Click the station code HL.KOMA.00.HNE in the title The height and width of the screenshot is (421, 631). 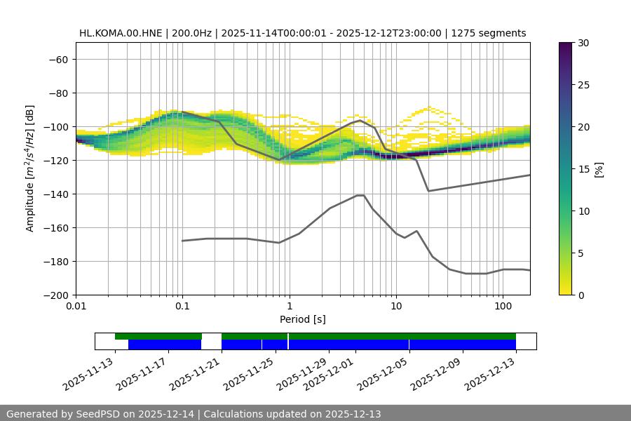tap(121, 33)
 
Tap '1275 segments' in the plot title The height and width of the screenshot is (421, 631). tap(489, 33)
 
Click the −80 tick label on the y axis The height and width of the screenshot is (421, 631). tap(58, 93)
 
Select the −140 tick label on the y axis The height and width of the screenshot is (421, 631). tap(55, 194)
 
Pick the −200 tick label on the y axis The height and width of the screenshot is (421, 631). tap(55, 295)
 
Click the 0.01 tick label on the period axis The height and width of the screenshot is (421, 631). tap(76, 307)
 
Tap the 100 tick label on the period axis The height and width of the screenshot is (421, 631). tap(503, 307)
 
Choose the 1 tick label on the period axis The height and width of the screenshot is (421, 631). tap(289, 307)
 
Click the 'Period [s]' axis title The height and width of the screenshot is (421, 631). tap(302, 319)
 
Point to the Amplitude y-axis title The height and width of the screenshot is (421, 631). tap(30, 168)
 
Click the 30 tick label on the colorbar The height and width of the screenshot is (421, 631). tap(583, 43)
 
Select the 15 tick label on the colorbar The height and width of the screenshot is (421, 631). tap(583, 169)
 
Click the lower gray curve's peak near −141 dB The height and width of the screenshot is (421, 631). tap(360, 195)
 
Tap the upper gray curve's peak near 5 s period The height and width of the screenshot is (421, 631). tap(360, 120)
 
